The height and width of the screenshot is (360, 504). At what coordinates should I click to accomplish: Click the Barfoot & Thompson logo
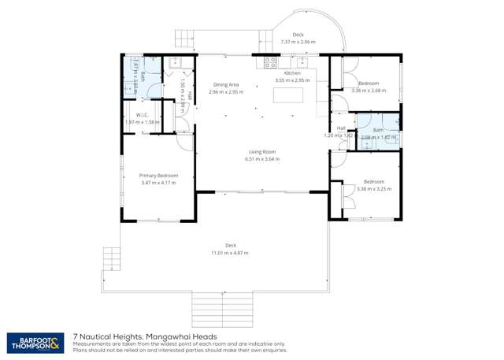tap(35, 342)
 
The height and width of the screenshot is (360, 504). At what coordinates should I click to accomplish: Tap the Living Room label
tap(261, 152)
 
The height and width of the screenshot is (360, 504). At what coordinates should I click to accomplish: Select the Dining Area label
tap(227, 84)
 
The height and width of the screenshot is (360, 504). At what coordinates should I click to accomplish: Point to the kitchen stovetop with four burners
tap(270, 61)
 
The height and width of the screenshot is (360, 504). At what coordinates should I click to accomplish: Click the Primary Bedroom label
tap(158, 176)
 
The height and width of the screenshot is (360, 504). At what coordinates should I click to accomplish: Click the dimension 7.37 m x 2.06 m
tap(298, 42)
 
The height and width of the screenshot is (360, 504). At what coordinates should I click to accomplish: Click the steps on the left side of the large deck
tap(112, 258)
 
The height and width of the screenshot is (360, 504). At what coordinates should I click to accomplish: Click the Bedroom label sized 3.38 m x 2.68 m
tap(369, 84)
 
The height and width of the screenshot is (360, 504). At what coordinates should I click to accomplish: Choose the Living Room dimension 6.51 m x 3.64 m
tap(261, 159)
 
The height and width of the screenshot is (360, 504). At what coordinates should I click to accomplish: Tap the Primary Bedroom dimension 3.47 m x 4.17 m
tap(158, 183)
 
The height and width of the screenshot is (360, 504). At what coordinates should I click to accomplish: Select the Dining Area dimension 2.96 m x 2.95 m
tap(227, 91)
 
